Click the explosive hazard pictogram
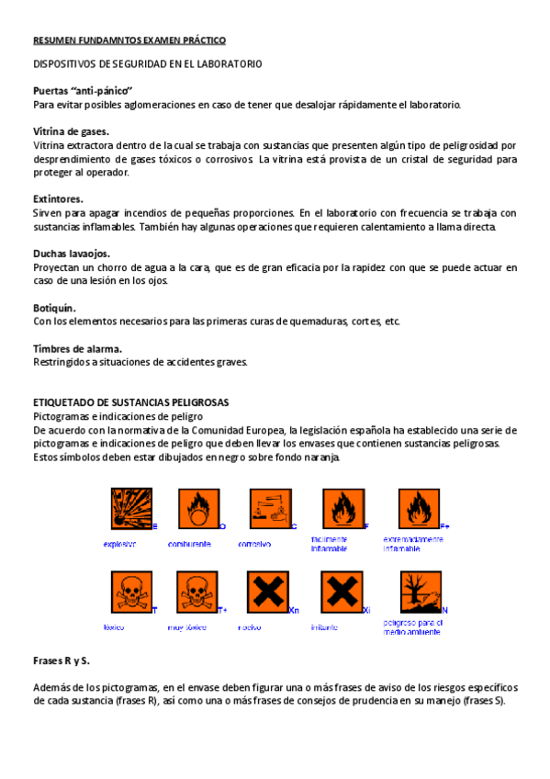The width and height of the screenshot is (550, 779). [x=129, y=509]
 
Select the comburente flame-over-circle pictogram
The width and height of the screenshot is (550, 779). [x=195, y=509]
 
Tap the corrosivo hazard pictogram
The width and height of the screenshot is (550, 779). [x=270, y=509]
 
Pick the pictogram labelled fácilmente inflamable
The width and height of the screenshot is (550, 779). [x=342, y=509]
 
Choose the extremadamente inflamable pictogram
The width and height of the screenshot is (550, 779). [x=419, y=509]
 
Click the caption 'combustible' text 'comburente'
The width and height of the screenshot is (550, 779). [x=190, y=544]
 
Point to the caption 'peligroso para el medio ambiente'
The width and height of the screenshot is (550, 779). [x=412, y=627]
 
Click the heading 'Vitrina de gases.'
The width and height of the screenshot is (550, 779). [x=71, y=131]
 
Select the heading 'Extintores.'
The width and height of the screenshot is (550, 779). [x=58, y=198]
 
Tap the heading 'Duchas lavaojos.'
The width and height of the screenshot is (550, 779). [x=72, y=253]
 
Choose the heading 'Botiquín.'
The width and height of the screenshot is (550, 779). [x=54, y=307]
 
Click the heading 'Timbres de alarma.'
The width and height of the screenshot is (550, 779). [x=77, y=348]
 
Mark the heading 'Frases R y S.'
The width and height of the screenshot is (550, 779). [x=62, y=660]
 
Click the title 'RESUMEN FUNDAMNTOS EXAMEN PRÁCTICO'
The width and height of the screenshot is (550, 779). [x=129, y=40]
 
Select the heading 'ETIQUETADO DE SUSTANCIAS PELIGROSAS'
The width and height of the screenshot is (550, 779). [x=130, y=402]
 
